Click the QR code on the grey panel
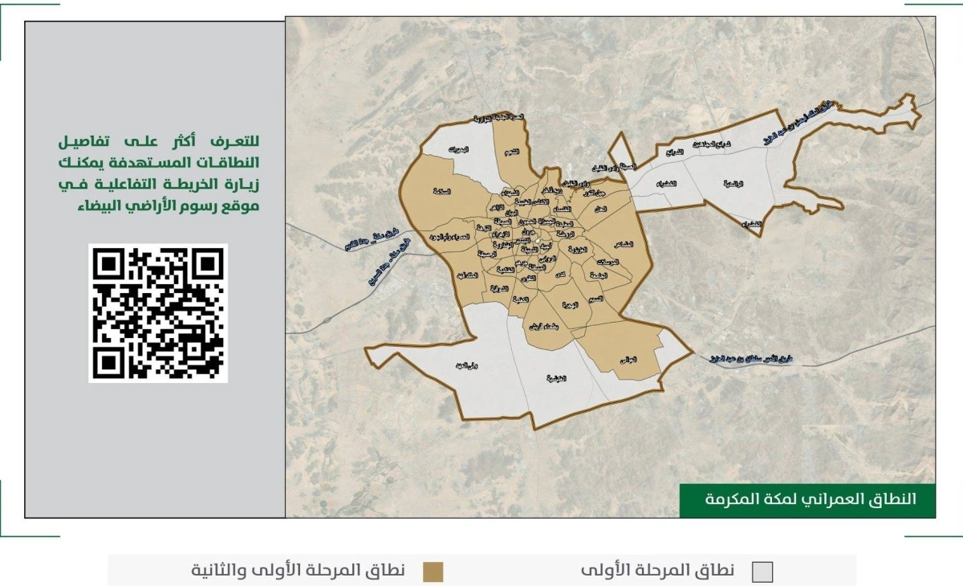tap(158, 313)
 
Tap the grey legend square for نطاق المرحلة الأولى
tap(762, 572)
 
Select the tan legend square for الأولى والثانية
tap(433, 572)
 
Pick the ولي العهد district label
tap(456, 367)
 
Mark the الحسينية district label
tap(555, 377)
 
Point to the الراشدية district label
tap(733, 184)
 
